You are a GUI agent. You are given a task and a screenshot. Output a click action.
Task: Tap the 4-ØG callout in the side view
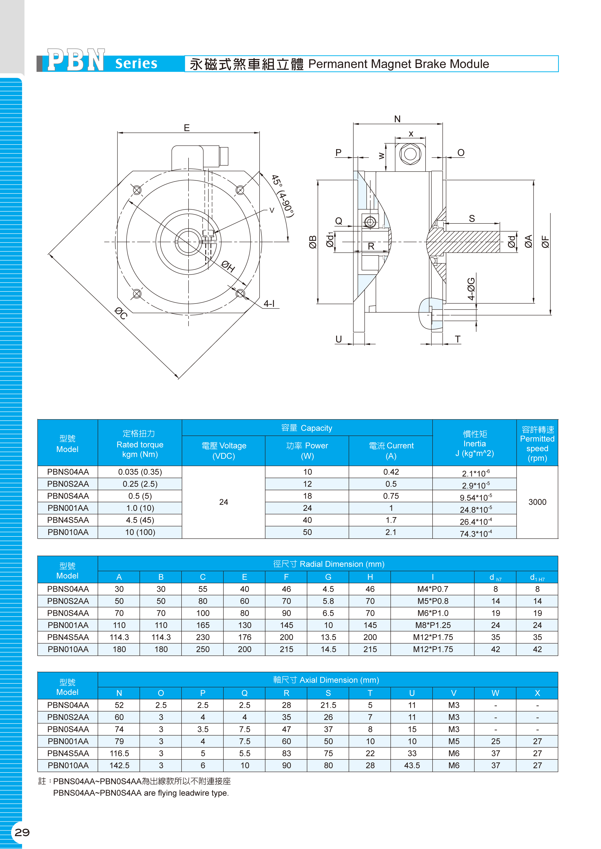[471, 289]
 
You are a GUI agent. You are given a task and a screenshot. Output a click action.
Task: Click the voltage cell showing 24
[223, 502]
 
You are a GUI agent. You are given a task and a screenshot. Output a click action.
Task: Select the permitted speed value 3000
[537, 502]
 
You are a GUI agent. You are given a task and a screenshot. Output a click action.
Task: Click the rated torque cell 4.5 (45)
[140, 520]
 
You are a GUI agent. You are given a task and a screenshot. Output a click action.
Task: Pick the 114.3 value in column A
[119, 637]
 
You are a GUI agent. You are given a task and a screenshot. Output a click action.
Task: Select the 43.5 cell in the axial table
[412, 765]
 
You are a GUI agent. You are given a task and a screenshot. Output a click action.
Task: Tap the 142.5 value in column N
[119, 765]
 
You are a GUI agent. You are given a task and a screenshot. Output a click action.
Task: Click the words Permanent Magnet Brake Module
[399, 64]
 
